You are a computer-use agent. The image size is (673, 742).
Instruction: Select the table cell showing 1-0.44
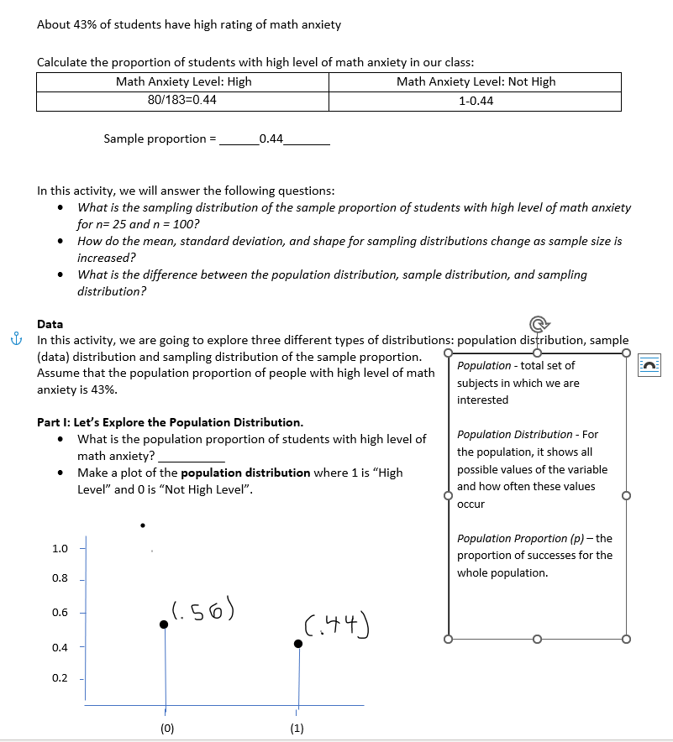click(476, 101)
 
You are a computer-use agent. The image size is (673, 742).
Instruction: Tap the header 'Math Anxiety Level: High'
click(183, 81)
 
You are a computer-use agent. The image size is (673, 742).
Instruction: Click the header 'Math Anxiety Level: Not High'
click(476, 81)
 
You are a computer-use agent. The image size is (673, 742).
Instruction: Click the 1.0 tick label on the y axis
click(60, 549)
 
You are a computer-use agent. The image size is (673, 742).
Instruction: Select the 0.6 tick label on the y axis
click(60, 613)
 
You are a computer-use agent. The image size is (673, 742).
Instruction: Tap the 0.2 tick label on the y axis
click(60, 678)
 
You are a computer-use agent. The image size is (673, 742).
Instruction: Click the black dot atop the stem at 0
click(164, 624)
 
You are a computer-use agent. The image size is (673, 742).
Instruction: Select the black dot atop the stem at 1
click(297, 644)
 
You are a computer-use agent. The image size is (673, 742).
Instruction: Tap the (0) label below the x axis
click(166, 729)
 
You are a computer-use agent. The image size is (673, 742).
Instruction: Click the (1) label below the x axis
click(297, 729)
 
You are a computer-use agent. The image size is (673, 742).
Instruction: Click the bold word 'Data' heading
click(50, 324)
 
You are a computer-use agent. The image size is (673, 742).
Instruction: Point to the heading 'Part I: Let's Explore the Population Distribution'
click(170, 422)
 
